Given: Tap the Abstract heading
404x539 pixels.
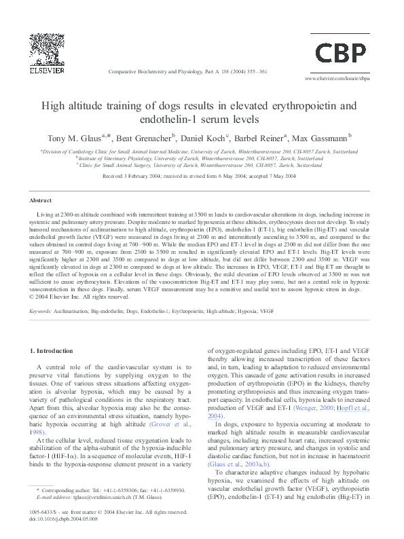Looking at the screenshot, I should pyautogui.click(x=41, y=201).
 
